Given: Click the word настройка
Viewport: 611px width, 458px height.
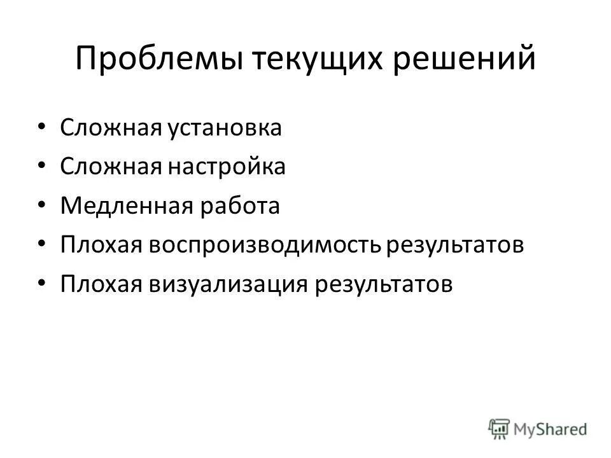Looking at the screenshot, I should click(227, 168).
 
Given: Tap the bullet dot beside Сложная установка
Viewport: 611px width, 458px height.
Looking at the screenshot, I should click(42, 127).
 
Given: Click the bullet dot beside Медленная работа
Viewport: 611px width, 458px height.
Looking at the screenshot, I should click(42, 205).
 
